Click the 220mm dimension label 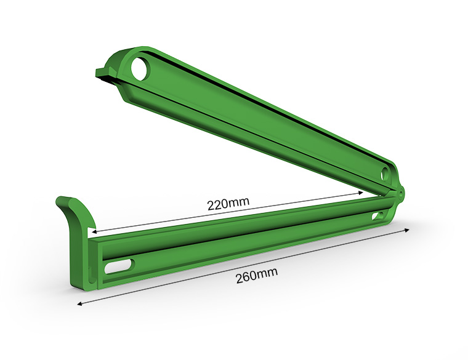[228, 204]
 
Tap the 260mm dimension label [257, 275]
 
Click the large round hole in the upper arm [140, 69]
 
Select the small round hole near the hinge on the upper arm [385, 174]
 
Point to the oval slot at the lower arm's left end [119, 266]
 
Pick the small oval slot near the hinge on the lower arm [379, 215]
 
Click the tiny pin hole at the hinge [400, 193]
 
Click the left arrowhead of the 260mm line [80, 303]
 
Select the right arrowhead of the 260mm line [406, 230]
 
